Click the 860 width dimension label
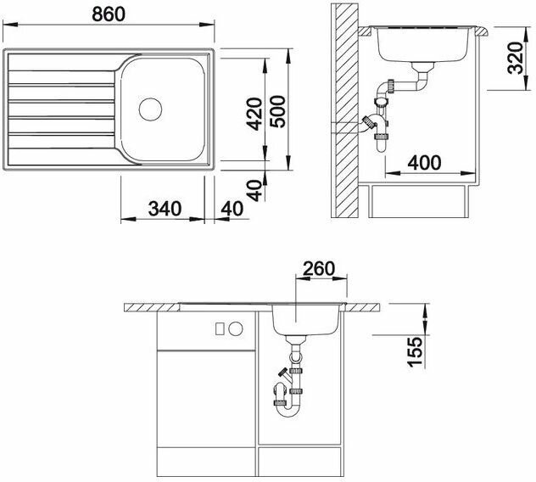(109, 14)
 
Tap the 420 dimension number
(254, 114)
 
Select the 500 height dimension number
(277, 112)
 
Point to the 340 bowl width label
(165, 209)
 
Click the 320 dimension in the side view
(516, 58)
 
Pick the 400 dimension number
(424, 162)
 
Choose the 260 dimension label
(319, 268)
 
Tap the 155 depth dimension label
(415, 351)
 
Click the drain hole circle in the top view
(150, 109)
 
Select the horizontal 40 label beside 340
(232, 209)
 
